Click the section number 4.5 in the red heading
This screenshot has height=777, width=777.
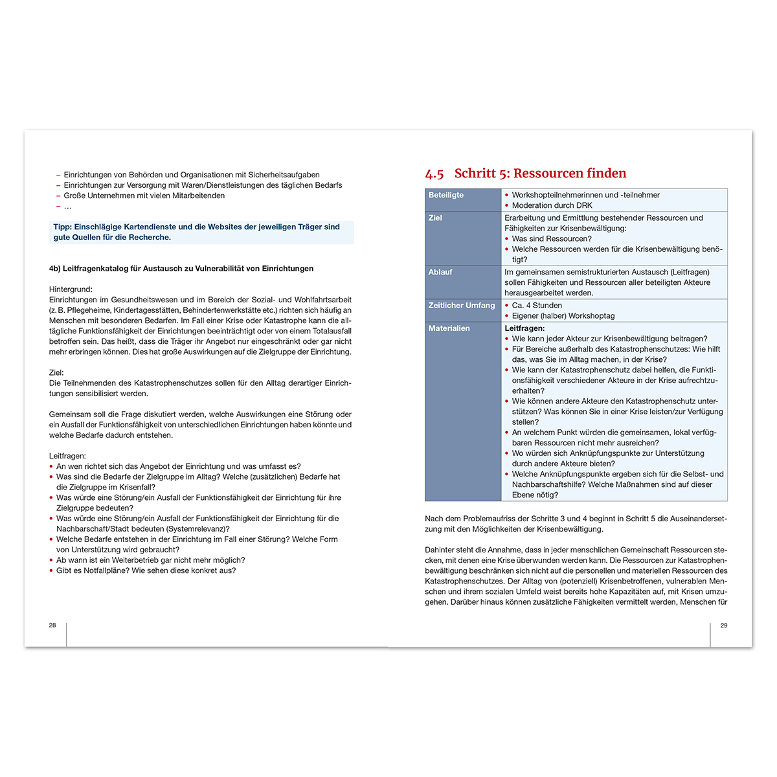point(434,174)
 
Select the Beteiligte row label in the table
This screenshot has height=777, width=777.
point(446,195)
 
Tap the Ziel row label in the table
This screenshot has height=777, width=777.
point(435,218)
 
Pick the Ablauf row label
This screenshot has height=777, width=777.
point(440,272)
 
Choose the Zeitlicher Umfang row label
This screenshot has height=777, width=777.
point(462,306)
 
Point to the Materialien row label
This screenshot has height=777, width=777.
point(449,328)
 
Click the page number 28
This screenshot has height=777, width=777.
point(52,625)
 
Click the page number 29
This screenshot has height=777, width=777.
point(724,625)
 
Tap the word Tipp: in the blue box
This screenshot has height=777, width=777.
point(63,227)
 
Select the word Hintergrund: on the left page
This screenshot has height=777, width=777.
point(71,289)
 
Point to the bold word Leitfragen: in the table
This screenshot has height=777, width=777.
point(524,328)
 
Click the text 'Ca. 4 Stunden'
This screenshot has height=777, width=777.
point(537,306)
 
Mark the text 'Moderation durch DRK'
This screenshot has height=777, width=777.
point(552,205)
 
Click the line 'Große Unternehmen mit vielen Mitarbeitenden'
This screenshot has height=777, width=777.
point(144,196)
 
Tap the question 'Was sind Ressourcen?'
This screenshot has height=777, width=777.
point(552,239)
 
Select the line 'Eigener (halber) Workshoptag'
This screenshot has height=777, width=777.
point(563,316)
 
